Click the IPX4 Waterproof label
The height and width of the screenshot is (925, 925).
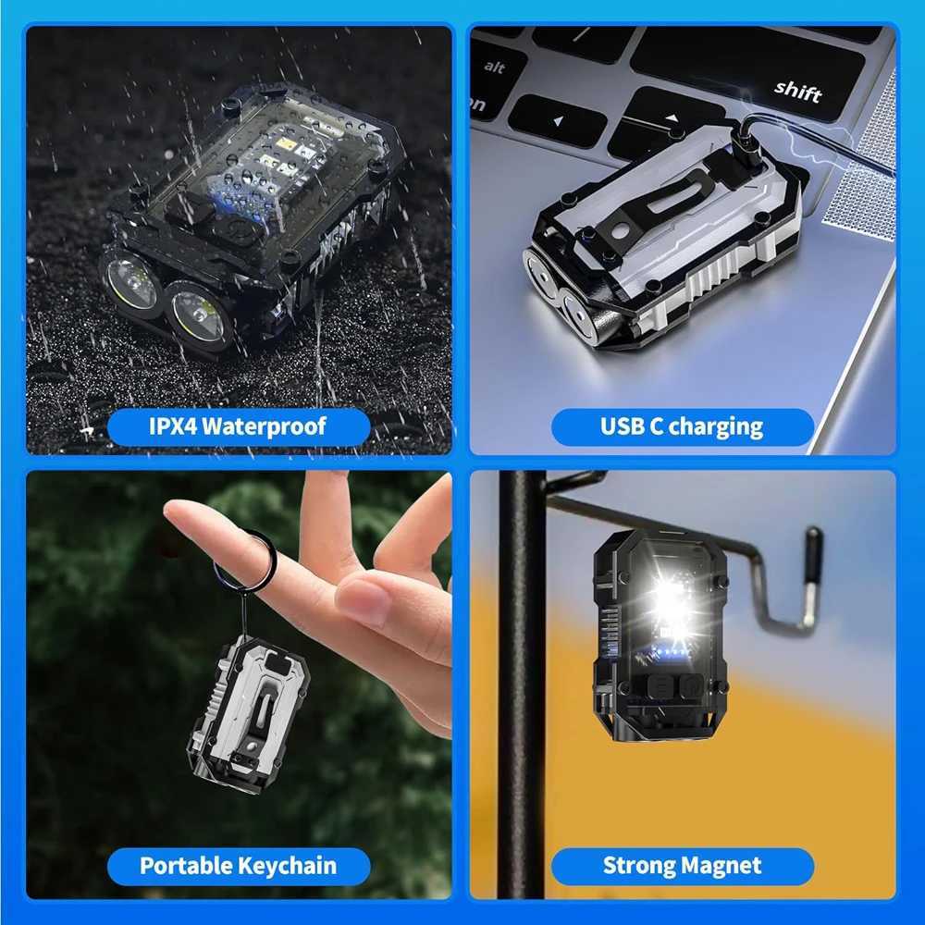(x=238, y=426)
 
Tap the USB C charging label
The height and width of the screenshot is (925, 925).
(x=682, y=426)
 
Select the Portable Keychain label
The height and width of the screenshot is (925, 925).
(x=238, y=866)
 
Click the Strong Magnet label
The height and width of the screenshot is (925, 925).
(x=682, y=866)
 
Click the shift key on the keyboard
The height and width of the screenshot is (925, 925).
(x=797, y=89)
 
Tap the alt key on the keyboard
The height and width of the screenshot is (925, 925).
(x=495, y=68)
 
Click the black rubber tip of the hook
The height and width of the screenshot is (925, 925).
(x=812, y=555)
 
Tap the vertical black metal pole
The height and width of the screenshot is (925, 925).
(x=522, y=694)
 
